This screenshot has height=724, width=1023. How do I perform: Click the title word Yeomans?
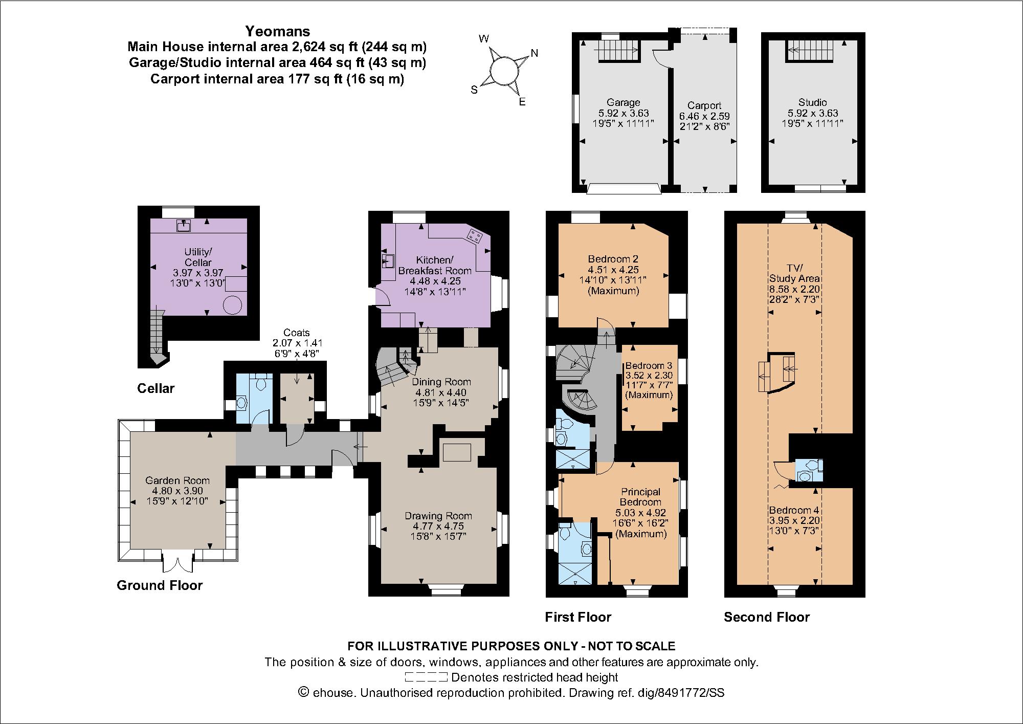(x=277, y=31)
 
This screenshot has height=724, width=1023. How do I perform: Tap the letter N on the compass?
(x=534, y=53)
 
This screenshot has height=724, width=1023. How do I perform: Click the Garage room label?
(x=623, y=102)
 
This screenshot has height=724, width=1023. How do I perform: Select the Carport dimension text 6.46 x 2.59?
(x=704, y=116)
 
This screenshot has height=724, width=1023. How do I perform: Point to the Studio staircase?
(x=807, y=51)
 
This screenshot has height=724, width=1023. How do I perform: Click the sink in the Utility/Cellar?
(x=184, y=225)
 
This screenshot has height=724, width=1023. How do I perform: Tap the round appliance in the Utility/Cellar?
(x=232, y=305)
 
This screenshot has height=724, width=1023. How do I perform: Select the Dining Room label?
(x=441, y=382)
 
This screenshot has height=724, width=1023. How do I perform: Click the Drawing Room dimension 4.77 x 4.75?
(x=438, y=526)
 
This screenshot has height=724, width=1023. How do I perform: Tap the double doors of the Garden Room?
(x=179, y=562)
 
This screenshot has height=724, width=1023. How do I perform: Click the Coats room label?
(x=297, y=333)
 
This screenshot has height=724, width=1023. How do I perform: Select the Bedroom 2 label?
(x=613, y=259)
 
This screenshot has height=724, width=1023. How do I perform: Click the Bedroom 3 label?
(x=649, y=366)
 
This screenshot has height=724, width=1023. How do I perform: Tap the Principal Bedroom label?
(x=640, y=497)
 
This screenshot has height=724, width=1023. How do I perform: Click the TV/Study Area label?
(x=794, y=274)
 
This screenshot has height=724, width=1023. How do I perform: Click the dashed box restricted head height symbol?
(x=426, y=678)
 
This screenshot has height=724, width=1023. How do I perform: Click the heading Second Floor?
(x=766, y=617)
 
